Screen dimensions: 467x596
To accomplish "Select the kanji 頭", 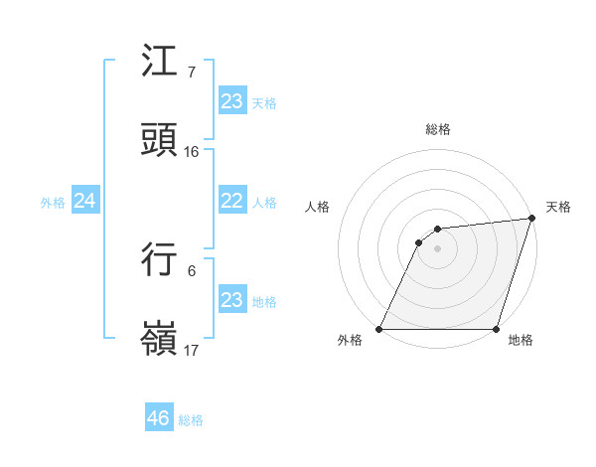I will (160, 140).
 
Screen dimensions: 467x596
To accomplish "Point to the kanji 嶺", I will (160, 339).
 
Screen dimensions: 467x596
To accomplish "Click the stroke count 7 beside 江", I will (191, 73).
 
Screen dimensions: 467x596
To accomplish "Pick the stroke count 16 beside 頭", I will (192, 152).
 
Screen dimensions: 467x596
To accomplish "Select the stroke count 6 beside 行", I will (191, 270).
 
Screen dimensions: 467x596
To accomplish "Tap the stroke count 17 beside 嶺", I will (192, 350).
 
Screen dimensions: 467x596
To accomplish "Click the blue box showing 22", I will (232, 201).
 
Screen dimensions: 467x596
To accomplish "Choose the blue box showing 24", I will (85, 201).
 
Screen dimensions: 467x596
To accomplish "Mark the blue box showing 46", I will (159, 418).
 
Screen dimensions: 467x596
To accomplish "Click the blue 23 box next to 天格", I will (232, 101).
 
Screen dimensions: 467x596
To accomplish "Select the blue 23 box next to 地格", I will (232, 300).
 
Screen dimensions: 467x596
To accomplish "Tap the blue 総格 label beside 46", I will (192, 420).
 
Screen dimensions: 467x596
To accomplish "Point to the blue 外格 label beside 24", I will (53, 203).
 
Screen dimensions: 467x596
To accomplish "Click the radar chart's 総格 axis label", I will (437, 129).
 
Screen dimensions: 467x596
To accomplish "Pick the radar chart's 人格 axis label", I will (318, 207).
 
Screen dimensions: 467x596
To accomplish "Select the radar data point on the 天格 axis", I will (531, 219).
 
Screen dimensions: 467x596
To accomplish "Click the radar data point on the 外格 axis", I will (379, 329).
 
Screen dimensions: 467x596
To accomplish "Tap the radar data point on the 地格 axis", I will (496, 329).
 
